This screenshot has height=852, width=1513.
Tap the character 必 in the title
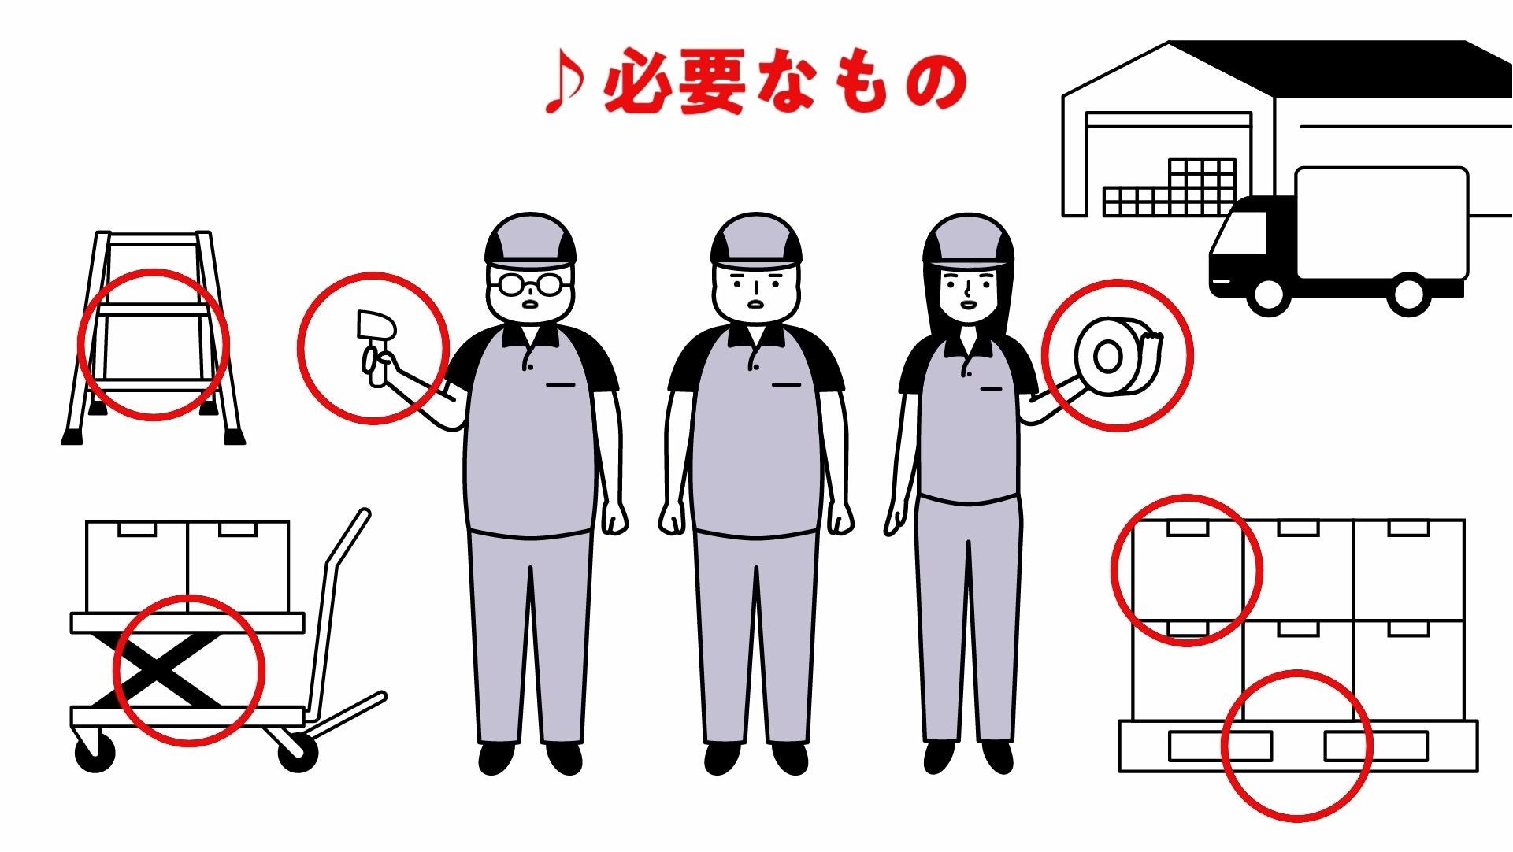[635, 82]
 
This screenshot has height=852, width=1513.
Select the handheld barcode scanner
[373, 347]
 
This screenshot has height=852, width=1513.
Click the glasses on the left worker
[530, 283]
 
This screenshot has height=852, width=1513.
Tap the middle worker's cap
[755, 239]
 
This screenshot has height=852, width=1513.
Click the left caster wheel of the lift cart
[95, 753]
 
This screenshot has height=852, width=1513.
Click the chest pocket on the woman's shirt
[991, 388]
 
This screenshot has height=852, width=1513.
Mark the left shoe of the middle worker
[723, 758]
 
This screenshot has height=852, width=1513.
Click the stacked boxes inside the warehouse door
[1170, 188]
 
